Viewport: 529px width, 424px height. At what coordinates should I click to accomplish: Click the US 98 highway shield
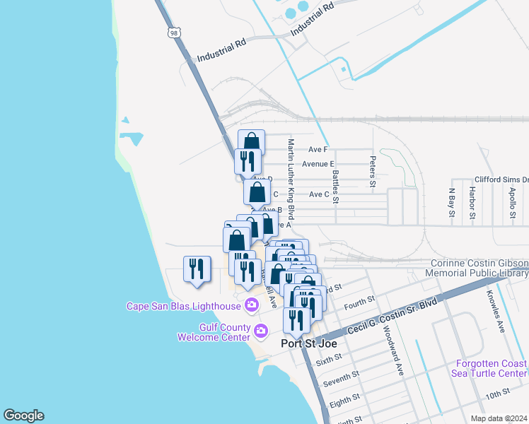(x=175, y=33)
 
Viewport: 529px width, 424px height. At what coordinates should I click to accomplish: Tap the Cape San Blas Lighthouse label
(x=184, y=306)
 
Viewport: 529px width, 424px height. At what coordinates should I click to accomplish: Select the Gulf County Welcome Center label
(x=214, y=331)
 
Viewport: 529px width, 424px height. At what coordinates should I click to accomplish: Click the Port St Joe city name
(x=308, y=343)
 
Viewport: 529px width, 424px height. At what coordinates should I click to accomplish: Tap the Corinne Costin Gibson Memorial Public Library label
(x=479, y=268)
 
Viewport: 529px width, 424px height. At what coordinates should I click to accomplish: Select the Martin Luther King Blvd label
(x=291, y=178)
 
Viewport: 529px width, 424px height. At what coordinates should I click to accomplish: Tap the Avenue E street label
(x=318, y=164)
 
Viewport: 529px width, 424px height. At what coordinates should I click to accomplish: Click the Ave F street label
(x=318, y=149)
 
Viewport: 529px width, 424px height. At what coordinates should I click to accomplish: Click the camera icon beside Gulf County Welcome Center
(x=261, y=331)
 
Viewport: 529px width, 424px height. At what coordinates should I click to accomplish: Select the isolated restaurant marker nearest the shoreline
(x=195, y=269)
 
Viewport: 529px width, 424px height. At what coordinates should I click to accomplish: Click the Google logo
(x=23, y=416)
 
